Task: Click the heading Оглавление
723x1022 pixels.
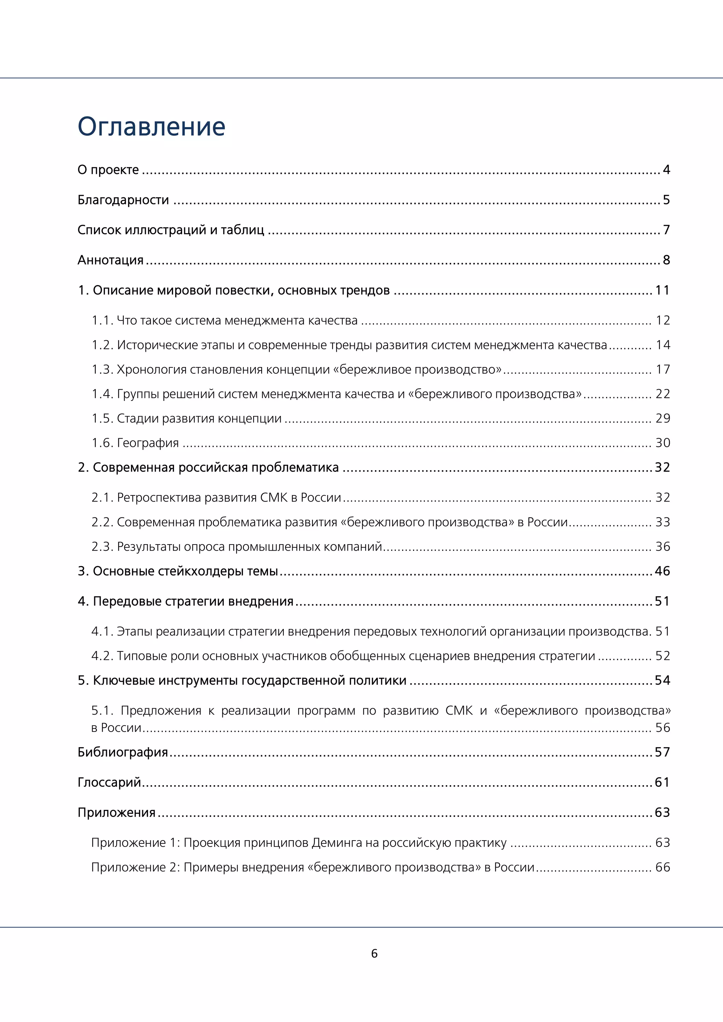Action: point(151,127)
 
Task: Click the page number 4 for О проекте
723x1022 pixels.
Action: point(666,170)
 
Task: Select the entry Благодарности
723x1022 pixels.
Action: point(123,200)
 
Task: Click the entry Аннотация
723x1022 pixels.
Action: point(110,260)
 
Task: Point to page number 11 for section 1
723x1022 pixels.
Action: point(662,290)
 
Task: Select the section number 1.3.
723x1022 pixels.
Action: point(102,369)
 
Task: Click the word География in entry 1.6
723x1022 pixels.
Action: point(148,443)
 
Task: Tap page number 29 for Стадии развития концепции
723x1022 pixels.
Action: point(662,419)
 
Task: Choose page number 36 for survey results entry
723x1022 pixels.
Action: point(662,547)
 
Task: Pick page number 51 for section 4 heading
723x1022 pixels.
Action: point(662,601)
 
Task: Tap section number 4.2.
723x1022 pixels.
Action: point(102,656)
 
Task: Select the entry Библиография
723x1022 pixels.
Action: point(123,752)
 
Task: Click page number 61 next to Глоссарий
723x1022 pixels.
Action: point(662,782)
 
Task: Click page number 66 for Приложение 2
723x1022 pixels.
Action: point(662,867)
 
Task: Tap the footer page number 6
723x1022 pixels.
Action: point(374,954)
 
